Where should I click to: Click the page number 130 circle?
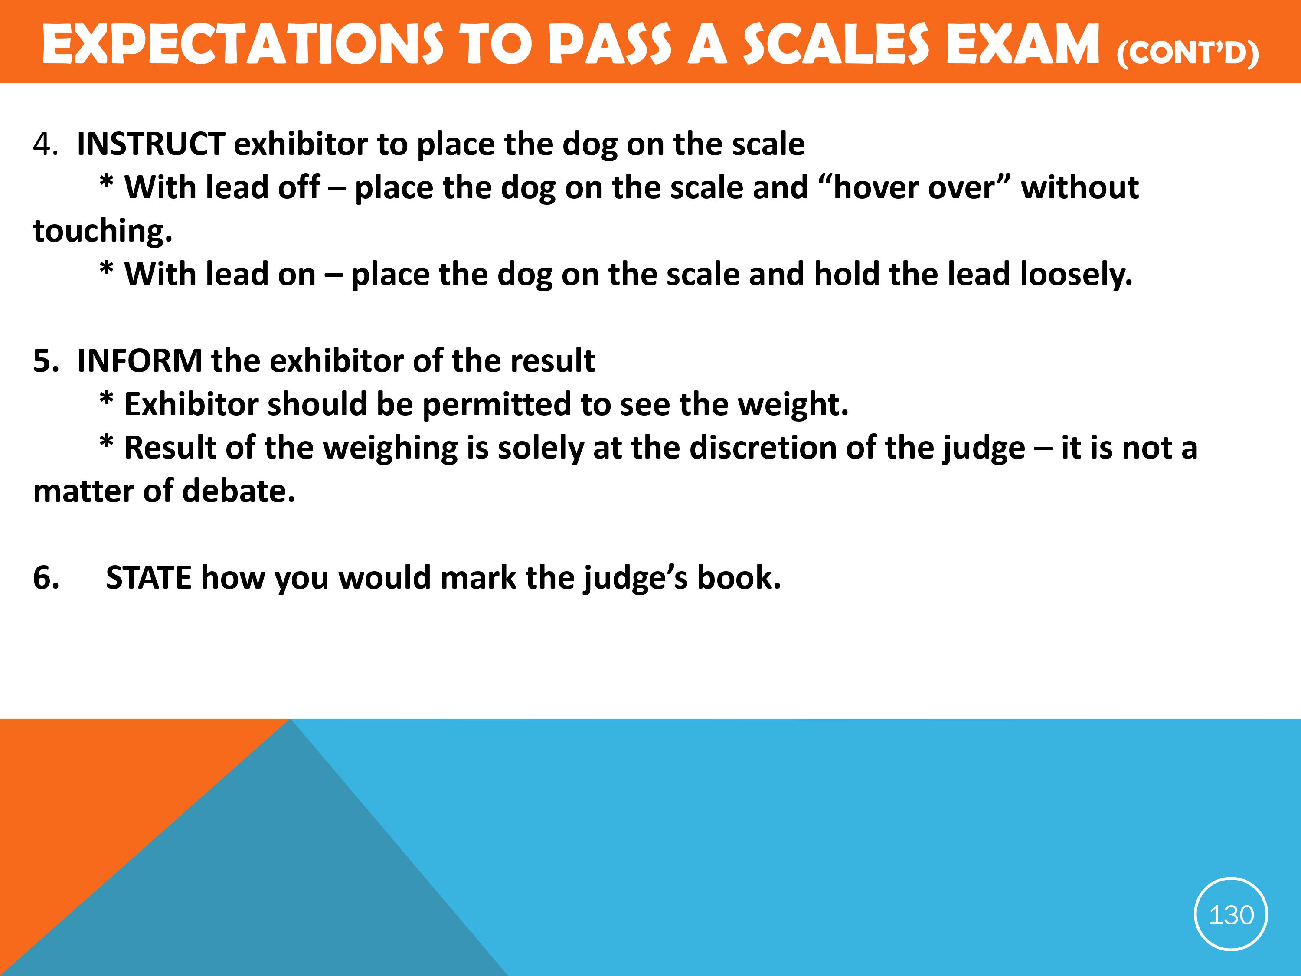coord(1231,914)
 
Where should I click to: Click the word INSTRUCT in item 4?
coord(151,144)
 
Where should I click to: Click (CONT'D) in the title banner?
coord(1187,52)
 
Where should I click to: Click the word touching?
coord(103,231)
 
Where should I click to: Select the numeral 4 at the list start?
coord(42,144)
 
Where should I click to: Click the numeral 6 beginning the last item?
coord(42,578)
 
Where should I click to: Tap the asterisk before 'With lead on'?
coord(106,269)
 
